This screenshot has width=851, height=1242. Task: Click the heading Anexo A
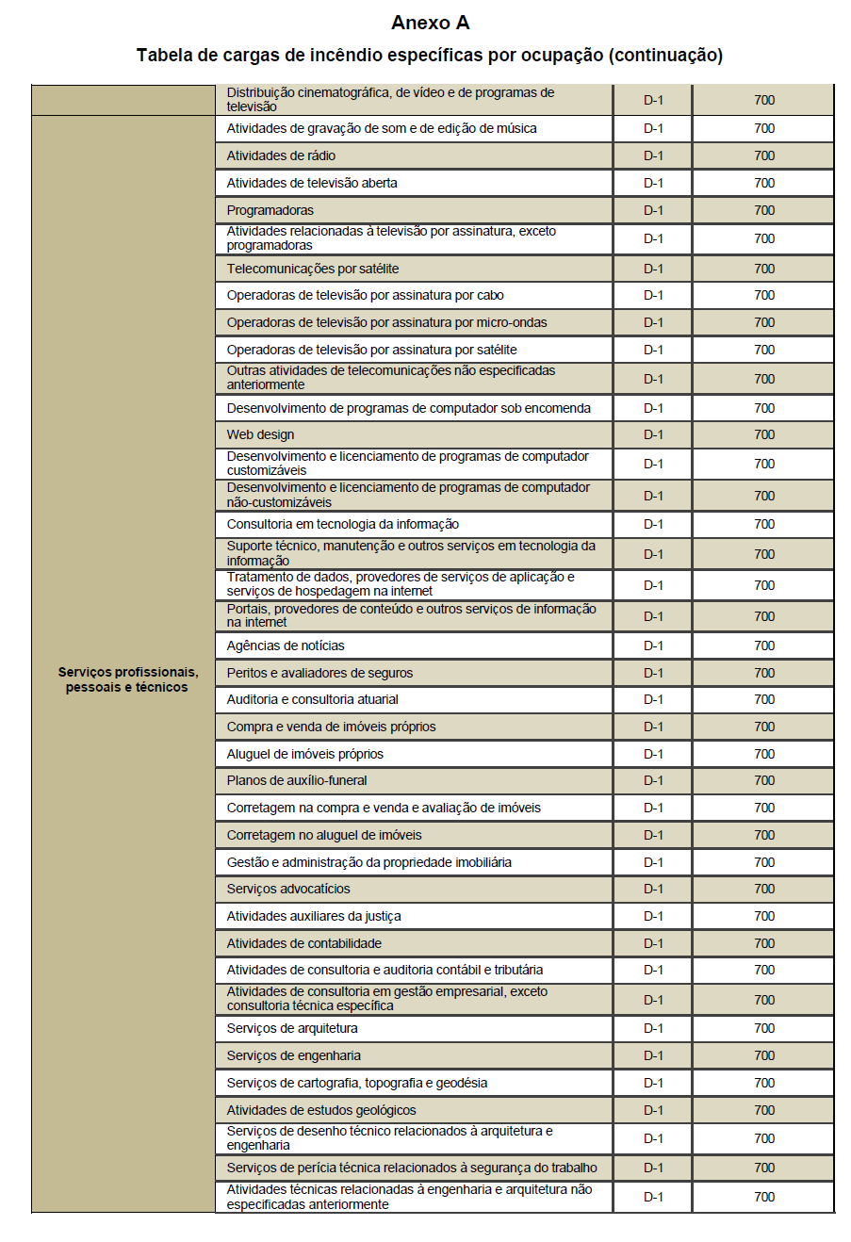430,23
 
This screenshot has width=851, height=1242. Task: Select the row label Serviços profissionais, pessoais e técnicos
127,679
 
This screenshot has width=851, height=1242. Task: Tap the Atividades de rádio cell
281,155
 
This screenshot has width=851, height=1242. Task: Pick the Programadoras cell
270,210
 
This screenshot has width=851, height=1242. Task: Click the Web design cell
260,434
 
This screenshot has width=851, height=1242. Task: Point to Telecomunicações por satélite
312,269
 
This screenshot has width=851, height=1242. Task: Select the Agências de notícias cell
286,646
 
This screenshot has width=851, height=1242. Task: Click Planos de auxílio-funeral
297,780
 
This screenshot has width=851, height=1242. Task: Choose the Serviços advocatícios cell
288,889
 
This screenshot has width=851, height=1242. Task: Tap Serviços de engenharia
294,1055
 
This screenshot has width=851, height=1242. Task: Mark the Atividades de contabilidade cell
304,943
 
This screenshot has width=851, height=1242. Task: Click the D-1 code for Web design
653,434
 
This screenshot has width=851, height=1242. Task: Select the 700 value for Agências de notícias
764,646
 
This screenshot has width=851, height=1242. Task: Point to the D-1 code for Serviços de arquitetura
653,1028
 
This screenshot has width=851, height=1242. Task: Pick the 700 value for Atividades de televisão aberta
764,183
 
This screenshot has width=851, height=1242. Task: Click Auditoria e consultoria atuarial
313,699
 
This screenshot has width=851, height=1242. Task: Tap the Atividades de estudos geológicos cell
321,1110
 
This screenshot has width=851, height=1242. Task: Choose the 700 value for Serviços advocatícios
764,889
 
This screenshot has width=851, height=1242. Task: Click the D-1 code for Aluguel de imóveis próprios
653,754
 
